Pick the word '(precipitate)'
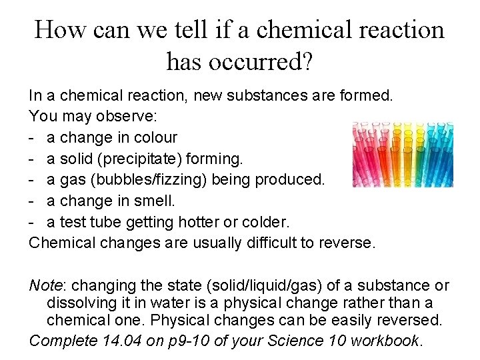[146, 159]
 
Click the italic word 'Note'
[45, 285]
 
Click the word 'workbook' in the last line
[385, 341]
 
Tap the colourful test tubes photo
[403, 154]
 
